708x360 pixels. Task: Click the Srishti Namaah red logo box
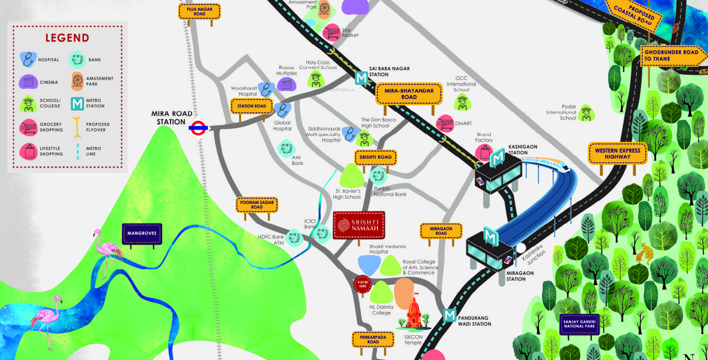359,225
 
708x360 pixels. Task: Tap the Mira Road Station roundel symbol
197,127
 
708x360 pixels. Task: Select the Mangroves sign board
141,233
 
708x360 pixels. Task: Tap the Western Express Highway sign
617,153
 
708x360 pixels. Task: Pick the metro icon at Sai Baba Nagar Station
361,78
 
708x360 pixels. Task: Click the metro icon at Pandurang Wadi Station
449,315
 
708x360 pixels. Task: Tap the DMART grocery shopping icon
445,123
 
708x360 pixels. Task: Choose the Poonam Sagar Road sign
257,205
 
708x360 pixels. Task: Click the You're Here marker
362,284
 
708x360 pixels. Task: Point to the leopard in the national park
644,253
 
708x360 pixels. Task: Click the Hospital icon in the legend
27,59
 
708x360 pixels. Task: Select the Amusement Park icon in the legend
78,81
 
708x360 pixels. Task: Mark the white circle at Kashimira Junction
521,248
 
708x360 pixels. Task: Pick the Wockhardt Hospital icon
265,89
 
